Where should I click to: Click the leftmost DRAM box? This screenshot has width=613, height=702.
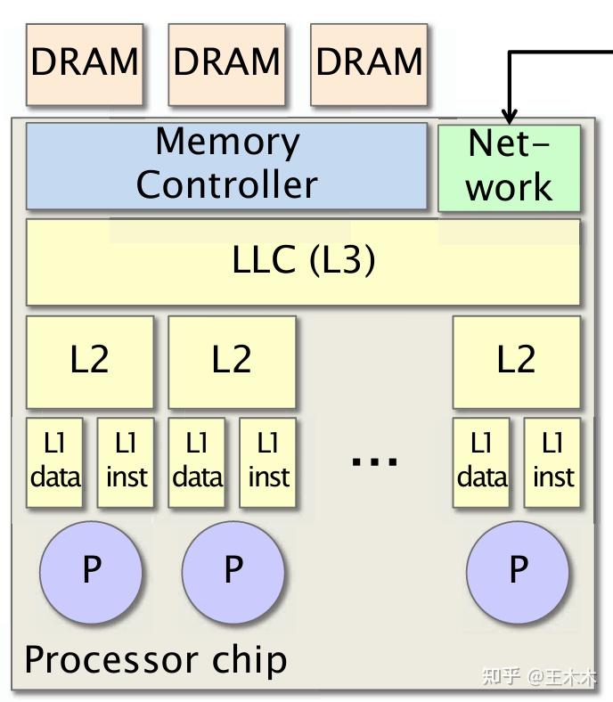tap(85, 64)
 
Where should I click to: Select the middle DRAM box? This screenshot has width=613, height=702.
tap(226, 64)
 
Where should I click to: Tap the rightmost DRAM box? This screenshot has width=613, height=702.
tap(369, 64)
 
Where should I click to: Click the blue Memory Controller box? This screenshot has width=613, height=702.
tap(226, 166)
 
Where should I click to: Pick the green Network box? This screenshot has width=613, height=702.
tap(509, 167)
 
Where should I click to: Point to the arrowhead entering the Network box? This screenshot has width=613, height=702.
tap(509, 117)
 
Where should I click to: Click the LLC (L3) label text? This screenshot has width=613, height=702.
tap(304, 259)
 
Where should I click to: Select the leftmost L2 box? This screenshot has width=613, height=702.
tap(90, 363)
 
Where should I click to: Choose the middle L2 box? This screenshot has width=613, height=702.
tap(232, 363)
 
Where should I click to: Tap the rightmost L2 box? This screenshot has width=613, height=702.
tap(516, 363)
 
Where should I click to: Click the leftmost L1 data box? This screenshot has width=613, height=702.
tap(54, 462)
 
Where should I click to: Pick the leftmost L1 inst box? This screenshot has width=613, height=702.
tap(126, 462)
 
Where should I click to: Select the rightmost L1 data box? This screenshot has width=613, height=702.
tap(481, 462)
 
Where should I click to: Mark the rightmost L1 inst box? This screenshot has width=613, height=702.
tap(552, 462)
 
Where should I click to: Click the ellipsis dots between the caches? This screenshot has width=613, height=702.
tap(374, 461)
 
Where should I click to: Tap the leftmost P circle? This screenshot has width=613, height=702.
tap(91, 572)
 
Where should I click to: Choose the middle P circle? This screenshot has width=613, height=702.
tap(233, 572)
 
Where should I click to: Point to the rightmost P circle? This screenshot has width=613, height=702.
tap(518, 572)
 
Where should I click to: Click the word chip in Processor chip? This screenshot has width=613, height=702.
tap(249, 661)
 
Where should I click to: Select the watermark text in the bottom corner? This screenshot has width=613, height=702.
tap(539, 676)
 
